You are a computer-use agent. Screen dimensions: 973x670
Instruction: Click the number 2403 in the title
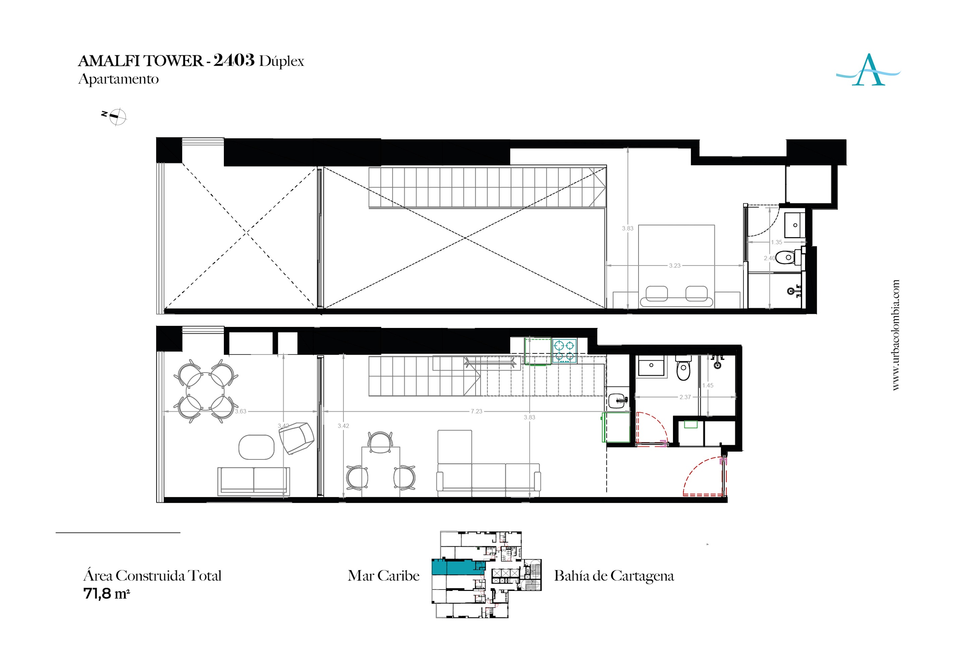click(234, 60)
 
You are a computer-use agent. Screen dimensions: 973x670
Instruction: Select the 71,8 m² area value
click(107, 594)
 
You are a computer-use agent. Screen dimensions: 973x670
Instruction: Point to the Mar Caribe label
click(383, 576)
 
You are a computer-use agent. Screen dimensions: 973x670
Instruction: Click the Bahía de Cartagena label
click(614, 576)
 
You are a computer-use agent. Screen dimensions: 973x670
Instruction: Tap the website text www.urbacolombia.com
click(896, 335)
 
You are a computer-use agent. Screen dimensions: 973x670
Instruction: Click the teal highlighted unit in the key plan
click(458, 567)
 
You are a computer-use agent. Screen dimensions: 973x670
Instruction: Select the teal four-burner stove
click(564, 351)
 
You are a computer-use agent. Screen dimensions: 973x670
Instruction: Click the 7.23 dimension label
click(476, 411)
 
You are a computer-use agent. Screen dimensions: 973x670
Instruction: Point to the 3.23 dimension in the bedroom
click(674, 266)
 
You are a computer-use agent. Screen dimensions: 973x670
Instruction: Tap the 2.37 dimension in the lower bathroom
click(685, 397)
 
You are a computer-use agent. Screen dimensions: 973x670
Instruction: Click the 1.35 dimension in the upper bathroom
click(777, 242)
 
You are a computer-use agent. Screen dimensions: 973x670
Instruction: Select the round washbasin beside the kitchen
click(617, 400)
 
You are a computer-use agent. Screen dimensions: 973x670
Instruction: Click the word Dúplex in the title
click(281, 61)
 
